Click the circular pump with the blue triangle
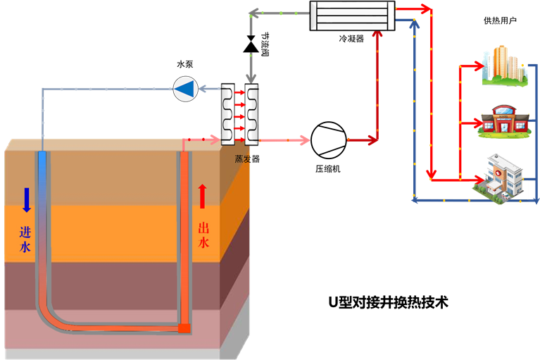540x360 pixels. pos(185,88)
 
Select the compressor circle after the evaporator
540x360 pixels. pos(329,139)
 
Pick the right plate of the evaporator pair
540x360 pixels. pos(251,113)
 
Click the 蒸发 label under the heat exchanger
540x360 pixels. pos(242,159)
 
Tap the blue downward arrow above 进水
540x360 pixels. pos(27,199)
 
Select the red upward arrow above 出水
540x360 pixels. pos(203,196)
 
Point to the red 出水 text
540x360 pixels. pos(203,235)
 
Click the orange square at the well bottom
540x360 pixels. pos(184,328)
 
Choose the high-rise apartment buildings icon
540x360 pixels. pos(504,66)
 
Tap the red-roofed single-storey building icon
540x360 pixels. pos(503,122)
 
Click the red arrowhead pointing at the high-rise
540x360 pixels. pos(484,66)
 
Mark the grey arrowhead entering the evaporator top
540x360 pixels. pos(251,79)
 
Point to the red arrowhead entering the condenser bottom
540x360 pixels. pos(378,35)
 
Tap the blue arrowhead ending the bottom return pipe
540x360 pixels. pos(415,201)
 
